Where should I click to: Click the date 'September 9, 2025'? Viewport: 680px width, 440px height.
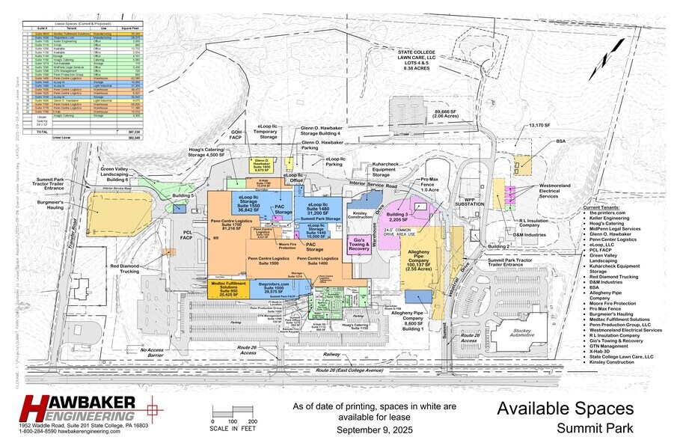click(x=374, y=430)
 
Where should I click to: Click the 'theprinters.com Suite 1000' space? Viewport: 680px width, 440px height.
click(x=273, y=288)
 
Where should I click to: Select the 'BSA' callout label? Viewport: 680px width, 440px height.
click(x=561, y=141)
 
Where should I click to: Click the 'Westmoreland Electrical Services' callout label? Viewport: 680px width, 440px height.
click(x=560, y=192)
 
